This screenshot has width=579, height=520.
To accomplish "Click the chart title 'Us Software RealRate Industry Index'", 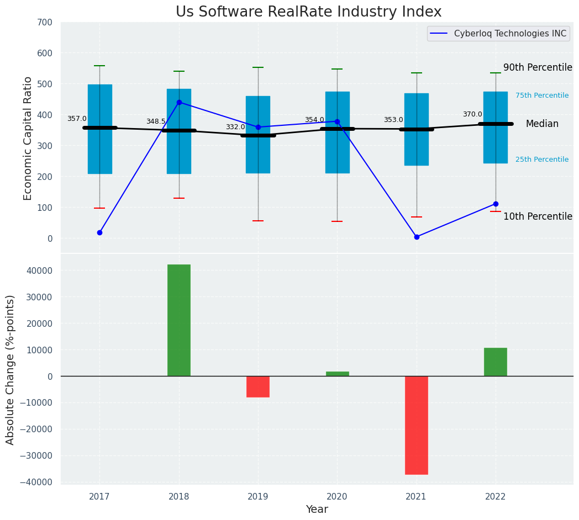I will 308,12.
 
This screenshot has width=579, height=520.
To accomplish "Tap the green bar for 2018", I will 179,320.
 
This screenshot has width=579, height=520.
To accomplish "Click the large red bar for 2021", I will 417,425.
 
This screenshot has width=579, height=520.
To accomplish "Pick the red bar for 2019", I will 258,386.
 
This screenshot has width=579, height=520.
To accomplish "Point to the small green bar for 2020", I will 337,374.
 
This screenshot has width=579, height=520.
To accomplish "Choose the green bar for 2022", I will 496,362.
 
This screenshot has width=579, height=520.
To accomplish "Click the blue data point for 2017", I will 99,232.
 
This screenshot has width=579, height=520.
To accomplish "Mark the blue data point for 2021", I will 417,237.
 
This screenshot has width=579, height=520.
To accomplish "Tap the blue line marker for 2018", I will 179,102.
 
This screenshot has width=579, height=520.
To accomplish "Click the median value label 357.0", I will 77,119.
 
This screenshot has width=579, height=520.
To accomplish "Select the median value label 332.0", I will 235,127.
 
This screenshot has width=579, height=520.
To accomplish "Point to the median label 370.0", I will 472,114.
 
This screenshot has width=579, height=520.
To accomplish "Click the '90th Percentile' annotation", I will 538,67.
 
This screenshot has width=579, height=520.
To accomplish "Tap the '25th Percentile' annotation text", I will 541,160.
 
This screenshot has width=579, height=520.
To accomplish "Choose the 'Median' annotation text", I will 542,124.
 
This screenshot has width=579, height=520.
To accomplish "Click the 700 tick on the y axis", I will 45,23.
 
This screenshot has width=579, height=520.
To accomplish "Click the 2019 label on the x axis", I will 258,497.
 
